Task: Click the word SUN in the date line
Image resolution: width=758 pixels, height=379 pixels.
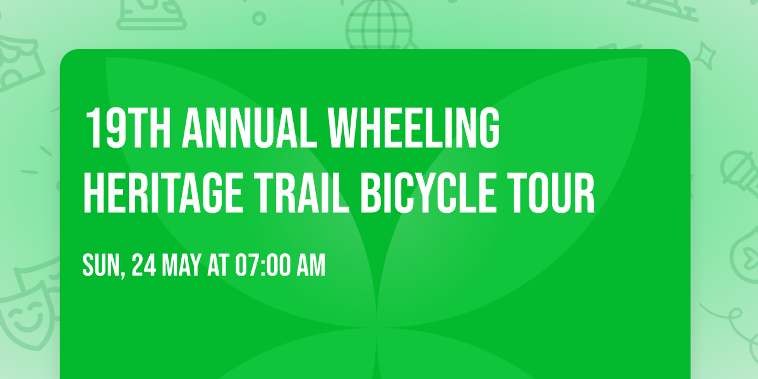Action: (101, 266)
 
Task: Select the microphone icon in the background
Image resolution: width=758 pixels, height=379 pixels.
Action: (737, 168)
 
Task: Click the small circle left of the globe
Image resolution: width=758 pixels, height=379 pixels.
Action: (258, 18)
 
